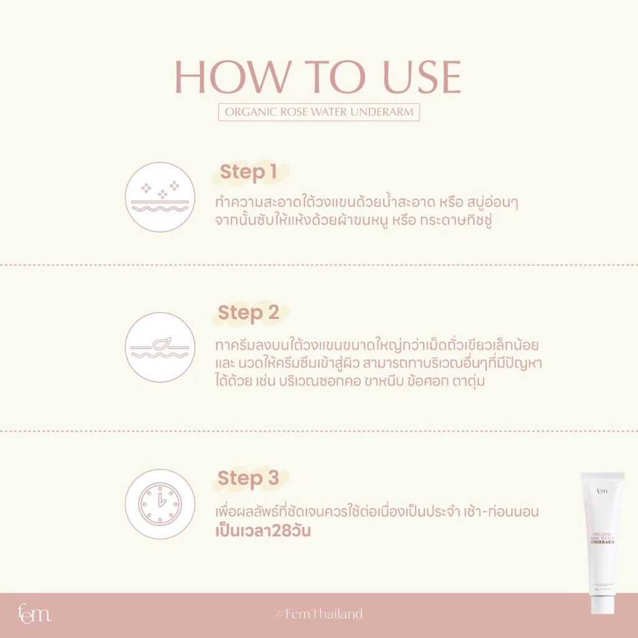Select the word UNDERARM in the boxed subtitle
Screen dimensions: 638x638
coord(382,112)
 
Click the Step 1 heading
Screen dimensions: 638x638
coord(248,172)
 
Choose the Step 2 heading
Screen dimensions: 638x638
coord(248,313)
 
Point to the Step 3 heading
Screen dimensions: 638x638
coord(248,478)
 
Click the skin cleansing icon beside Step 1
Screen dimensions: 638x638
coord(160,197)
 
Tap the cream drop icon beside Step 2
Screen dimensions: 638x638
coord(160,348)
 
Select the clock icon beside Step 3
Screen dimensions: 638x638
coord(160,504)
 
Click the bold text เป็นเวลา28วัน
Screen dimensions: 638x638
coord(263,531)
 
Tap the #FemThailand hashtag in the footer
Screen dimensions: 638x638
coord(319,614)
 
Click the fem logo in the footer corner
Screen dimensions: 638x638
coord(34,614)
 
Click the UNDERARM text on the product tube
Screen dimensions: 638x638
coord(602,542)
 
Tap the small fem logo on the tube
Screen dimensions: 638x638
coord(602,490)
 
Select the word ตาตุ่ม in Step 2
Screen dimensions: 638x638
coord(469,381)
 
